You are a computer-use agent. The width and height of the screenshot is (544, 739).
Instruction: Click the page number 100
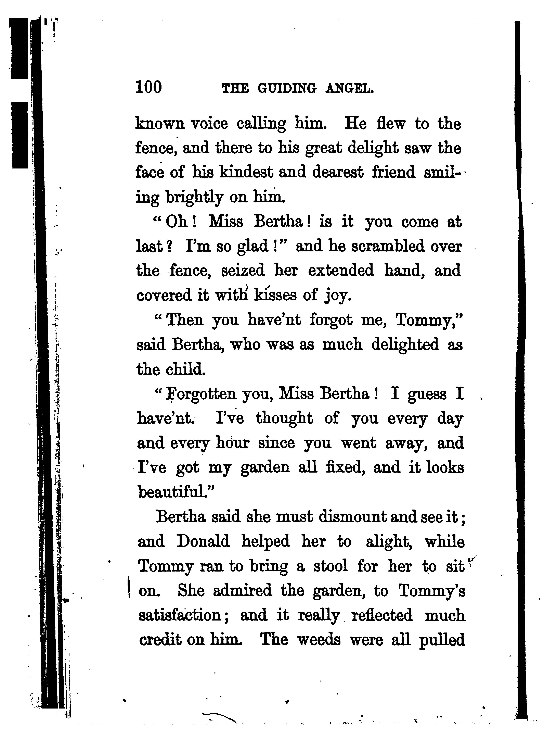coord(148,87)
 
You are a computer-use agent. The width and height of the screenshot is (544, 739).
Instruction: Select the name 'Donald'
coord(203,541)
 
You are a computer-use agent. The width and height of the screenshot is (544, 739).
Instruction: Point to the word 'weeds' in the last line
coord(319,640)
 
